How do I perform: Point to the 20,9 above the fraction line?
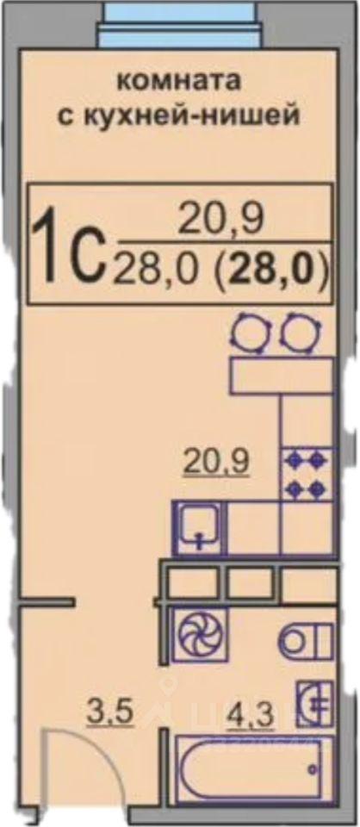tap(220, 220)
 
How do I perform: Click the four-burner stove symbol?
tap(307, 474)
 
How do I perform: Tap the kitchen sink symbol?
tap(199, 528)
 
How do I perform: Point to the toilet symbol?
tap(305, 639)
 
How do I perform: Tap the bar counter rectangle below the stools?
tap(281, 376)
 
